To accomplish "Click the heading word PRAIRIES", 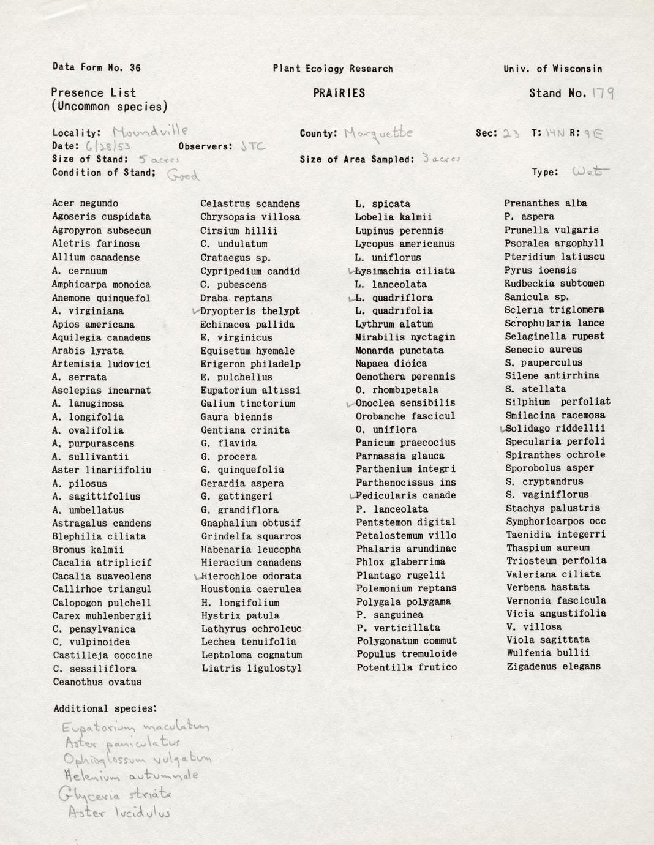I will [x=339, y=93].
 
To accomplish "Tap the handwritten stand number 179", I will [x=603, y=93].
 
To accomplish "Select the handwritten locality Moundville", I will [x=150, y=131].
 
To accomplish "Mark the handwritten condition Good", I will [x=183, y=175].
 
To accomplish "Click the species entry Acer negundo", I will [x=85, y=203].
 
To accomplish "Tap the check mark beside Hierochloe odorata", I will [x=197, y=576].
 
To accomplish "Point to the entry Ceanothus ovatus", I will [x=97, y=682].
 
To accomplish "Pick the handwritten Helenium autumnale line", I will [x=131, y=776].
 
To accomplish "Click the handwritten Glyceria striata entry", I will [x=115, y=795].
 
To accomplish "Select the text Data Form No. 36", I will [x=97, y=67].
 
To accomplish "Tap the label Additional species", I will [x=105, y=708].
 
